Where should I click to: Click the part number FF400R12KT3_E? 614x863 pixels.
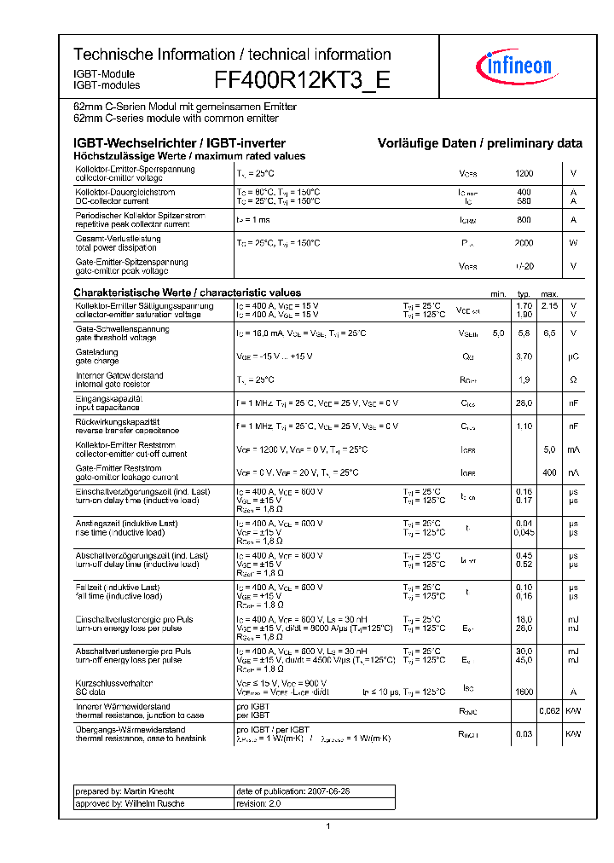pyautogui.click(x=302, y=80)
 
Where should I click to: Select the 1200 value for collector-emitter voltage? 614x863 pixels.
pyautogui.click(x=524, y=173)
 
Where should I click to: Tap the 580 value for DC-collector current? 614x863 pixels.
pyautogui.click(x=524, y=201)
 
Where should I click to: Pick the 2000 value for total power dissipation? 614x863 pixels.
pyautogui.click(x=524, y=243)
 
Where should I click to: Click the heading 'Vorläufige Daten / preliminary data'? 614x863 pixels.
pyautogui.click(x=480, y=143)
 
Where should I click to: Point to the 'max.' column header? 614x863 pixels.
pyautogui.click(x=550, y=293)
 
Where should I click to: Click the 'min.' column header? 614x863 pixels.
pyautogui.click(x=499, y=293)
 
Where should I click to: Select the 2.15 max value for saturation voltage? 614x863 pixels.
pyautogui.click(x=550, y=305)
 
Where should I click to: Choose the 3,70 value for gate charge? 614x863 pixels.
pyautogui.click(x=524, y=356)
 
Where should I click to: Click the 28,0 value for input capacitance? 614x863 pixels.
pyautogui.click(x=524, y=403)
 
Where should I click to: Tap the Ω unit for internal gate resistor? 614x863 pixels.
pyautogui.click(x=574, y=379)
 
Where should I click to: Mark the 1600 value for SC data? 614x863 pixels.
pyautogui.click(x=524, y=692)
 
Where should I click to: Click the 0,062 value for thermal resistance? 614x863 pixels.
pyautogui.click(x=550, y=710)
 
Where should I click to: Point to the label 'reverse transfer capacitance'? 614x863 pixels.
pyautogui.click(x=127, y=431)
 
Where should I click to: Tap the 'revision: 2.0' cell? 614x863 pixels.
pyautogui.click(x=258, y=803)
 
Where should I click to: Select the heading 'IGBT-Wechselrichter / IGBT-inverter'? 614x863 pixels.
pyautogui.click(x=179, y=143)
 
